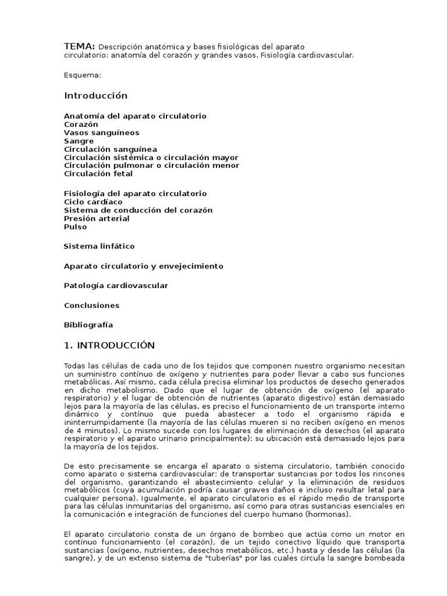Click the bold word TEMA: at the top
tap(79, 46)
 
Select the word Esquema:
tap(83, 75)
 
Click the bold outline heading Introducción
tap(95, 95)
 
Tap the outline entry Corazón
tap(81, 125)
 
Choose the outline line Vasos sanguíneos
tap(101, 133)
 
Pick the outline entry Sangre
tap(79, 141)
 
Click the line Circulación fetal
tap(98, 173)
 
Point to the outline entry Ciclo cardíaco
tap(93, 201)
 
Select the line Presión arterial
tap(97, 218)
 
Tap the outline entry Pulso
tap(75, 226)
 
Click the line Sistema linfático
tap(99, 246)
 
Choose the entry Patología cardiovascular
tap(116, 286)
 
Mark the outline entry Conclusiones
tap(91, 306)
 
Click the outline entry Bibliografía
tap(88, 325)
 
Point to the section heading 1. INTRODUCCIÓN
tap(109, 345)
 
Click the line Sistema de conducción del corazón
tap(138, 210)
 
